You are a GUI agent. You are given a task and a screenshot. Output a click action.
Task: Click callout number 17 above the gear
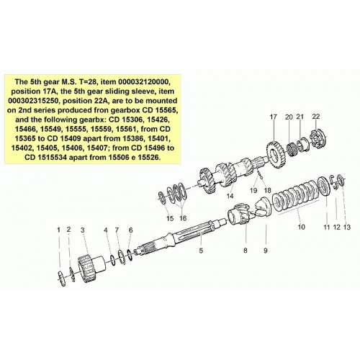[x=274, y=117]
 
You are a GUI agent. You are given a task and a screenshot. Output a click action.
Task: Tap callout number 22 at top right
[x=316, y=117]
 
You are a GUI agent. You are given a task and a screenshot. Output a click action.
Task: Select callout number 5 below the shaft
[x=201, y=251]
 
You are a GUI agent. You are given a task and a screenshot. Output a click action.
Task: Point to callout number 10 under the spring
[x=301, y=227]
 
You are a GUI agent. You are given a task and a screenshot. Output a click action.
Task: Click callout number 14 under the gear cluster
[x=230, y=196]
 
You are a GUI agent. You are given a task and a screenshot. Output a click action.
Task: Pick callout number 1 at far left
[x=58, y=230]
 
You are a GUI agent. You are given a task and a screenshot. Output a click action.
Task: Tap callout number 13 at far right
[x=347, y=227]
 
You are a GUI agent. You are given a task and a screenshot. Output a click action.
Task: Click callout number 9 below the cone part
[x=266, y=251]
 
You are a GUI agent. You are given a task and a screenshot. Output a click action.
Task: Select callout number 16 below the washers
[x=183, y=218]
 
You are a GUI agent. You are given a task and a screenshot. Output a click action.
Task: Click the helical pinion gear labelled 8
[x=240, y=213]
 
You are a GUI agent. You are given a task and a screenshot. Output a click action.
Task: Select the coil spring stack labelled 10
[x=297, y=195]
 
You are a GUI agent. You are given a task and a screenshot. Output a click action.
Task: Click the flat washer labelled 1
[x=61, y=279]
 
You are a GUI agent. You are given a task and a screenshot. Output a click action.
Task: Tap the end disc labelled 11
[x=324, y=186]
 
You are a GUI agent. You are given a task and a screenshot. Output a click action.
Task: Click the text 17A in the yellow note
[x=53, y=91]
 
